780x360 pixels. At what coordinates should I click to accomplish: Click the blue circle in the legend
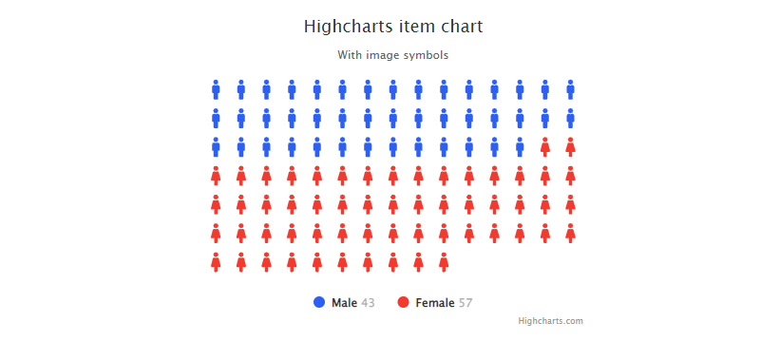coord(319,302)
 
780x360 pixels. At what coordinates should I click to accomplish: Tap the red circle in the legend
coord(404,302)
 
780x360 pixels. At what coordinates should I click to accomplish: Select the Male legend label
coord(344,303)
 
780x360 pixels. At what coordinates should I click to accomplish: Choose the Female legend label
coord(435,303)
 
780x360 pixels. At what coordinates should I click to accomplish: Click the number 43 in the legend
coord(368,303)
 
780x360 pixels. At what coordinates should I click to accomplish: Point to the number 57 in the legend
coord(466,303)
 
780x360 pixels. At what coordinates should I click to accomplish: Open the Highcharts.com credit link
coord(551,321)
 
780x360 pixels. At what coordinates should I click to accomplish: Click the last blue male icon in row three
coord(520,146)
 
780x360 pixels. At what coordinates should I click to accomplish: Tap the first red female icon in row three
coord(545,146)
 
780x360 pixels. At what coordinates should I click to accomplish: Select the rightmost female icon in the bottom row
coord(444,262)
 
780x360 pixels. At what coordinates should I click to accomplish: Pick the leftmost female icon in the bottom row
coord(216,262)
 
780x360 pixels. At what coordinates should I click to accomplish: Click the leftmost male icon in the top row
coord(216,89)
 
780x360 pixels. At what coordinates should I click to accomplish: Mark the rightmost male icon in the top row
coord(571,89)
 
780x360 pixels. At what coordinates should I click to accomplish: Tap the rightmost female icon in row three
coord(571,146)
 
